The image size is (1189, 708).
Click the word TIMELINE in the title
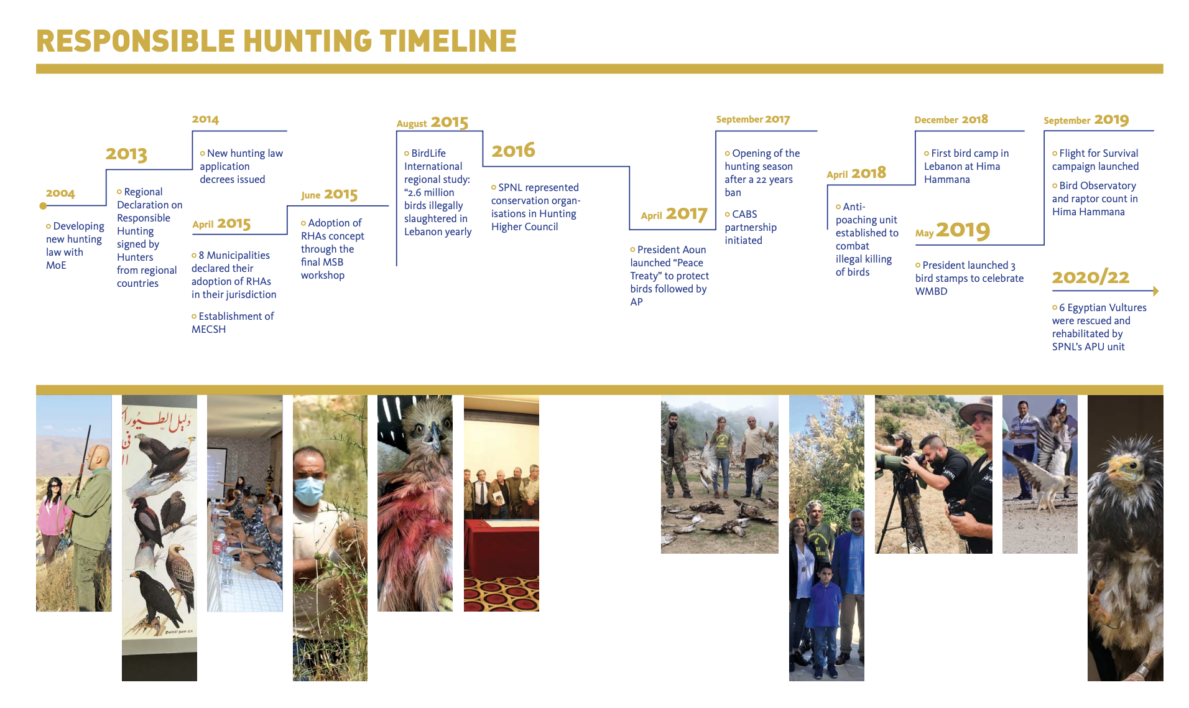click(x=448, y=41)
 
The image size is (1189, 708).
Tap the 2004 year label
click(x=60, y=193)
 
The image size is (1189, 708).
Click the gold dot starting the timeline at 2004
click(x=43, y=206)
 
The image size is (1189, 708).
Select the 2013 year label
click(x=126, y=154)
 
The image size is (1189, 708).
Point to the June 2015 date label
click(x=330, y=195)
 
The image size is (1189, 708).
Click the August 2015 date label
click(x=432, y=123)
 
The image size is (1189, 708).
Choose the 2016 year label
click(x=513, y=150)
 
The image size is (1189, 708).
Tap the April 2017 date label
click(x=674, y=214)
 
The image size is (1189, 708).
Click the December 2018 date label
click(x=951, y=119)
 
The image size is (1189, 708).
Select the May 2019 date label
click(x=952, y=231)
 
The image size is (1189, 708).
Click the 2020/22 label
click(x=1091, y=277)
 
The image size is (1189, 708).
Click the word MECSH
click(x=208, y=329)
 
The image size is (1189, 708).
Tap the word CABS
click(x=744, y=214)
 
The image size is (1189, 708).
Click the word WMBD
click(x=931, y=291)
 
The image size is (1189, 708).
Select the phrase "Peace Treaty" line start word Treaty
click(x=644, y=276)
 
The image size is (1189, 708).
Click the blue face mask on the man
click(x=308, y=490)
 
